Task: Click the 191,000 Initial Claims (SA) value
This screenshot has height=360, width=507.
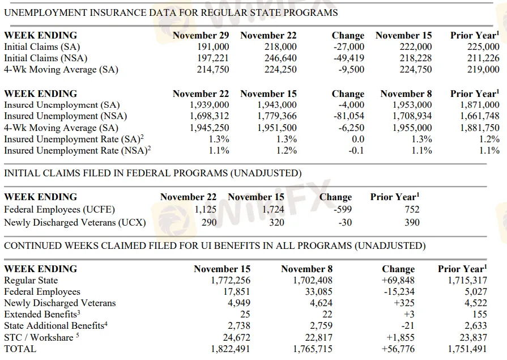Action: [x=213, y=47]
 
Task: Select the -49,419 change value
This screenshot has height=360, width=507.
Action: [x=348, y=58]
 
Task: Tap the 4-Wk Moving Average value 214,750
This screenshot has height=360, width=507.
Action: [x=213, y=70]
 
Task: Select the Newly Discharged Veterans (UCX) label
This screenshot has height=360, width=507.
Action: [x=75, y=222]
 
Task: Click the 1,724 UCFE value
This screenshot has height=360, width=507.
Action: [x=273, y=209]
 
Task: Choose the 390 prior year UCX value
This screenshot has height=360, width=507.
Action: [x=412, y=222]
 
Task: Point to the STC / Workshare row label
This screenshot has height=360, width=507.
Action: [x=41, y=337]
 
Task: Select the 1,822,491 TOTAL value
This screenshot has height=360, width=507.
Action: [x=230, y=349]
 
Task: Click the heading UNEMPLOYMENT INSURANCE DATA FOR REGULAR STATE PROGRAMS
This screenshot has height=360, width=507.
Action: [x=171, y=12]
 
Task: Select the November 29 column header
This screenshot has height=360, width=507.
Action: [x=201, y=35]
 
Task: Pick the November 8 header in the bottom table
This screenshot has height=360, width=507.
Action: [x=306, y=269]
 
